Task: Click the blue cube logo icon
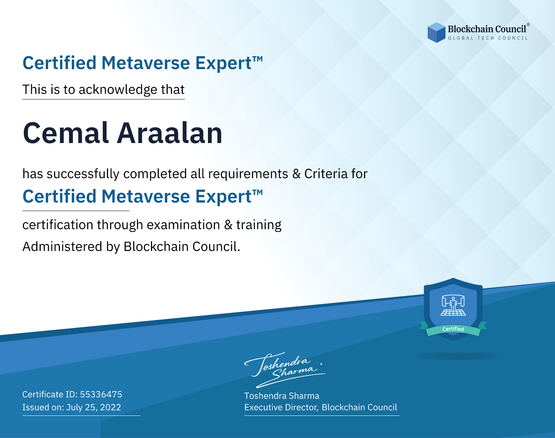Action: click(x=436, y=33)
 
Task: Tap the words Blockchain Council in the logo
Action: click(x=487, y=29)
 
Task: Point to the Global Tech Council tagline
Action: click(x=488, y=38)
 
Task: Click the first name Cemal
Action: click(x=66, y=133)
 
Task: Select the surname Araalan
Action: click(x=169, y=133)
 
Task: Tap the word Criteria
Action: click(x=326, y=174)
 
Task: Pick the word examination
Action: click(x=183, y=225)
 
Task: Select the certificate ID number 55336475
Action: click(x=101, y=394)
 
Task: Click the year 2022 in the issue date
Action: click(x=110, y=407)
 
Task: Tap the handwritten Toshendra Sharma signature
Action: click(x=285, y=370)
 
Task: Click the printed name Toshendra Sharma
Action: click(x=282, y=396)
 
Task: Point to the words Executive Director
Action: click(x=280, y=407)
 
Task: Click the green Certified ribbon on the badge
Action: click(x=453, y=329)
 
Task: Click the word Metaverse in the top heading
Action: click(x=145, y=63)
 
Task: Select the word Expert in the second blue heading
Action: click(x=223, y=197)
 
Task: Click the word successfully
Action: click(x=83, y=174)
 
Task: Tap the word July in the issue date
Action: click(x=74, y=407)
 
